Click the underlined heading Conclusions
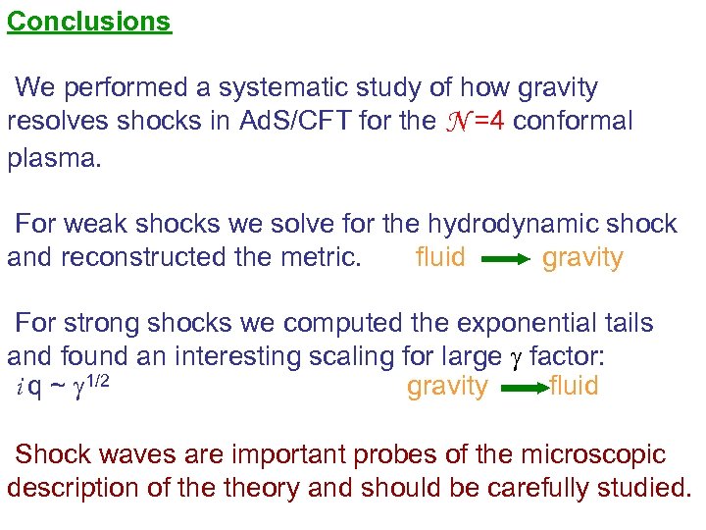(x=89, y=21)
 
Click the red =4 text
(x=490, y=122)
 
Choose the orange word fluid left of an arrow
(x=440, y=258)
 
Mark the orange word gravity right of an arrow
(x=582, y=258)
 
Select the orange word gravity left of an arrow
(x=447, y=387)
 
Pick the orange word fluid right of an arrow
(x=574, y=387)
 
